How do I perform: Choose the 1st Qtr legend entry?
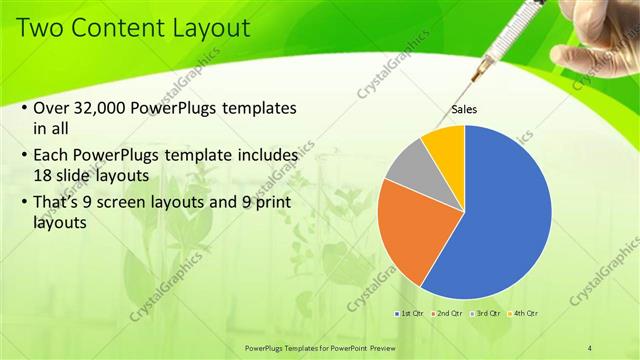click(409, 314)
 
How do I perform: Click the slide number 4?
click(590, 347)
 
